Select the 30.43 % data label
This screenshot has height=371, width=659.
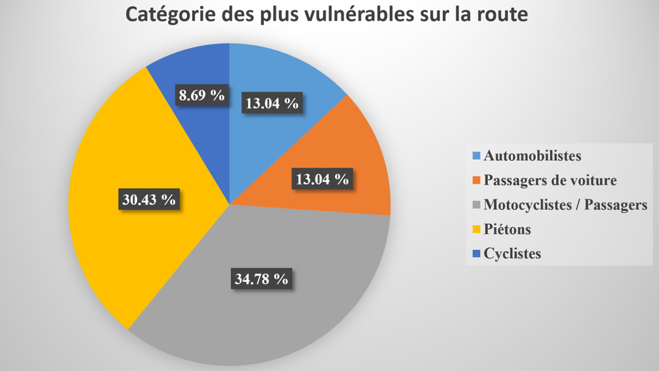coord(149,199)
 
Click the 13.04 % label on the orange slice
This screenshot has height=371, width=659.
coord(322,179)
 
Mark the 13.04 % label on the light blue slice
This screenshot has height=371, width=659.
coord(272,103)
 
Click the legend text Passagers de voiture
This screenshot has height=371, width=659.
coord(550,180)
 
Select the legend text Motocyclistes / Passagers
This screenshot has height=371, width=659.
coord(565,205)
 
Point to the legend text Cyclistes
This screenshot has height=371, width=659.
coord(512,254)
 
